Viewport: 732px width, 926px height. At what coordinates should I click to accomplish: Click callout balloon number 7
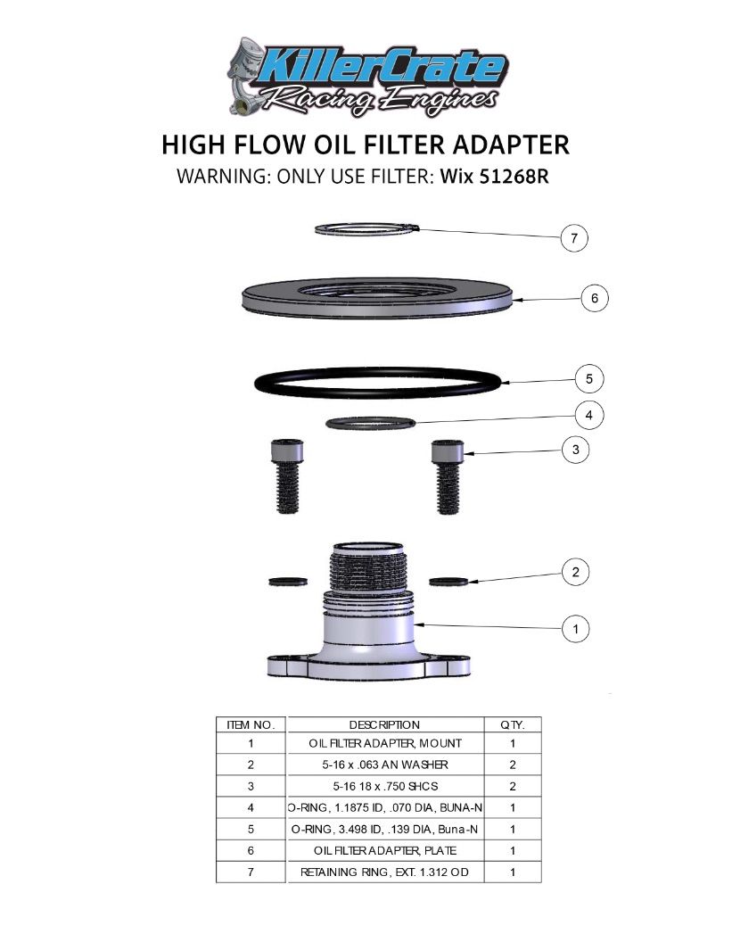(x=575, y=238)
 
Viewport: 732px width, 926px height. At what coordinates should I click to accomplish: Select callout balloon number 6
(x=595, y=298)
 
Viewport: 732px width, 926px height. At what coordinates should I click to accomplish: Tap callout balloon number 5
(x=589, y=379)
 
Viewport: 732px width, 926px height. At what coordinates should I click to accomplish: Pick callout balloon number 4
(x=589, y=415)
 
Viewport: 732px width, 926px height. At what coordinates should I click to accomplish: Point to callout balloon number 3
(x=576, y=451)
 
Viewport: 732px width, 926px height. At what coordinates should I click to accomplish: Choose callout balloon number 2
(x=576, y=572)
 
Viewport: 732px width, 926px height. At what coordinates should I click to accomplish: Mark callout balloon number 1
(x=576, y=629)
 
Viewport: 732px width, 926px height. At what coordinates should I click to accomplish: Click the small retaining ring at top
(x=366, y=230)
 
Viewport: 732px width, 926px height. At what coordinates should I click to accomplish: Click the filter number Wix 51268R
(x=493, y=176)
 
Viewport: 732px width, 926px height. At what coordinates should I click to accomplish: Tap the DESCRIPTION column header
(x=384, y=724)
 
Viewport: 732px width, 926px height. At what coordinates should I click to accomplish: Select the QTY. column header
(x=513, y=724)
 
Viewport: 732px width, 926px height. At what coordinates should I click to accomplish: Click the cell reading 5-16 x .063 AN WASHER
(x=384, y=764)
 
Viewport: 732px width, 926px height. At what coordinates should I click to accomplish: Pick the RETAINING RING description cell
(x=384, y=872)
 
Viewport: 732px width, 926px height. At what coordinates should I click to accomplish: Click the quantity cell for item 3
(x=513, y=785)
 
